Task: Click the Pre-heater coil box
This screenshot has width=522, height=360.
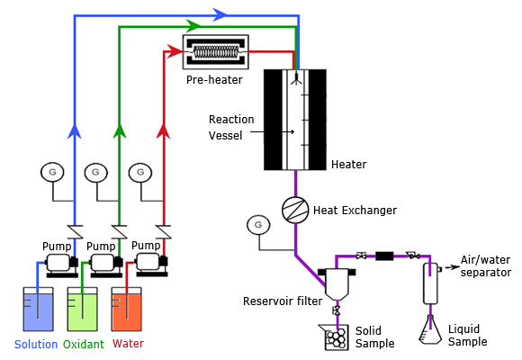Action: point(216,52)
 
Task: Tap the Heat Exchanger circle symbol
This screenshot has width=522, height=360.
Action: point(295,210)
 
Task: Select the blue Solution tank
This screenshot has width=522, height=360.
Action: point(38,309)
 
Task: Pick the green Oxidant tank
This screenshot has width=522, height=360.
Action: point(82,309)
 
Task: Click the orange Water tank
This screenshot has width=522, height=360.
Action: point(127,309)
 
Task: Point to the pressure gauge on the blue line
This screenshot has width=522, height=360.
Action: point(52,172)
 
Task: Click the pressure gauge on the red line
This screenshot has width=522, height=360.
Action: point(140,173)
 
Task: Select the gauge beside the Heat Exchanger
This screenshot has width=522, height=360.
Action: point(258,225)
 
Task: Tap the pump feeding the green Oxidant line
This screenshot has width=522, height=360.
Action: point(106,265)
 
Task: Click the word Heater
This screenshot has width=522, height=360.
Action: point(349,164)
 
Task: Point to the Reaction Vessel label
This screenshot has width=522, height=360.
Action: point(231,127)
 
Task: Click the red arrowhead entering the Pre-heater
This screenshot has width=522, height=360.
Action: point(175,51)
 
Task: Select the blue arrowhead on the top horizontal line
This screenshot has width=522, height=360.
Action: point(220,14)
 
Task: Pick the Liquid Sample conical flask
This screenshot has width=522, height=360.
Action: point(430,329)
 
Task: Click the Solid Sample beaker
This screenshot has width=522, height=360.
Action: point(334,337)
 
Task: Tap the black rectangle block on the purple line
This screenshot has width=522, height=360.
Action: point(384,256)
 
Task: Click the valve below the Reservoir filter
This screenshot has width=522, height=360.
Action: point(337,311)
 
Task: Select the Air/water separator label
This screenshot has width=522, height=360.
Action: point(486,265)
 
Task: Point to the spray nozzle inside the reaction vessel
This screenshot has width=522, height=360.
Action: point(296,79)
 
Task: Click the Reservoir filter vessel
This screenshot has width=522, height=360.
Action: point(337,283)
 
